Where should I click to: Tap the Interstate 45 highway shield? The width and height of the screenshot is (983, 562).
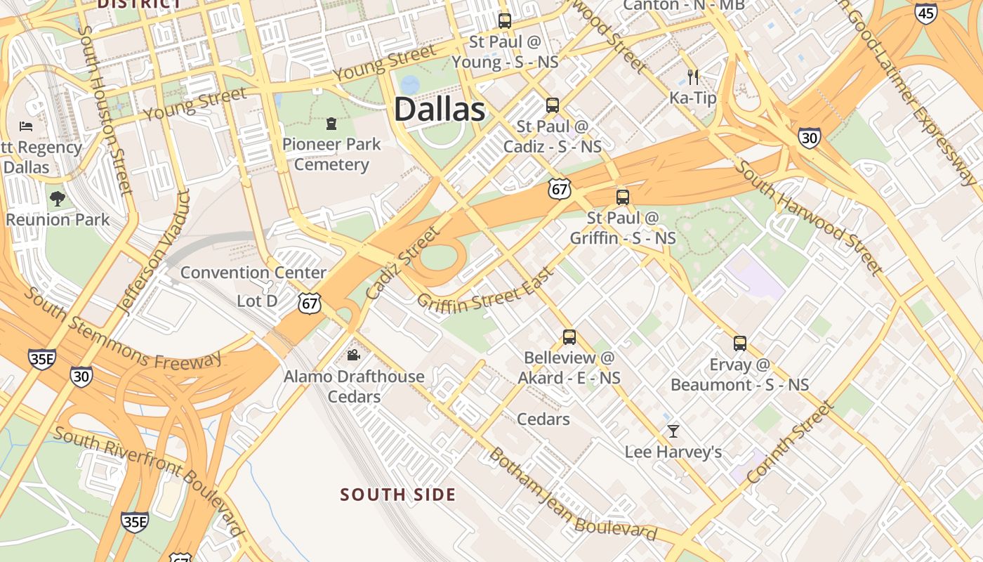[x=926, y=12]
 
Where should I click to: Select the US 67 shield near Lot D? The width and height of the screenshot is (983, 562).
[x=309, y=303]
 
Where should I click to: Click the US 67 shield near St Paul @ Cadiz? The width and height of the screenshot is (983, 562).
[x=560, y=188]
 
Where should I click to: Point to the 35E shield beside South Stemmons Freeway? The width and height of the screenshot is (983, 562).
[x=42, y=359]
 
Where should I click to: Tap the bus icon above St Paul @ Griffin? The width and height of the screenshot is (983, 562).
[x=622, y=197]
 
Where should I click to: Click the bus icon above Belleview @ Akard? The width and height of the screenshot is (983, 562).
[x=569, y=336]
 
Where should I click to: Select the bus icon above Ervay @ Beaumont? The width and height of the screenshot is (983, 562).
[x=739, y=343]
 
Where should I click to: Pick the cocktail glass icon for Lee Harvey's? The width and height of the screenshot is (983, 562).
[x=673, y=431]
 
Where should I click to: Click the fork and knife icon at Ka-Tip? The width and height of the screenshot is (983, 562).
[x=692, y=76]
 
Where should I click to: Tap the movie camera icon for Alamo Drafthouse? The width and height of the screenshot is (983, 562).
[x=353, y=355]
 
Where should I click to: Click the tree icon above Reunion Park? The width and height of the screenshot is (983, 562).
[x=58, y=199]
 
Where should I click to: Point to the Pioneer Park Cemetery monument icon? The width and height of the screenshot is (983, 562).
[x=331, y=124]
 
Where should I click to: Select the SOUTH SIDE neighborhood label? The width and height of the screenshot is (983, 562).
[x=398, y=495]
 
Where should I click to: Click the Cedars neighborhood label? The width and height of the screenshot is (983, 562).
[x=543, y=419]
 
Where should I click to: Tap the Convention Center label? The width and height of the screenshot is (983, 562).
[x=253, y=273]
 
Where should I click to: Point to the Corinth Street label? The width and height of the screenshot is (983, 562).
[x=791, y=442]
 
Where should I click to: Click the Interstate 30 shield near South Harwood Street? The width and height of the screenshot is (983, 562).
[x=809, y=138]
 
